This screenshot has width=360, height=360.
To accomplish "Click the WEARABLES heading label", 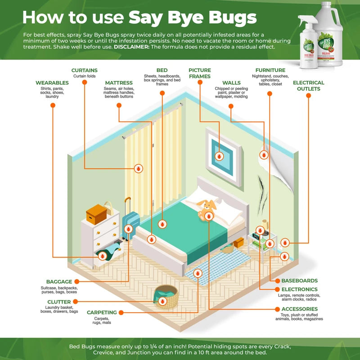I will point(52,83).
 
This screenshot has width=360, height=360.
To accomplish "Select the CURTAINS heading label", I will point(85,71).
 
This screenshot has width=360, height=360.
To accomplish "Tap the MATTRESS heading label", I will point(119,83).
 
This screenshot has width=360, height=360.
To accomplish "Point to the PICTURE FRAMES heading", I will point(200,73).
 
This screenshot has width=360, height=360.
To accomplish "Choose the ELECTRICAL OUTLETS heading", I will point(308,85).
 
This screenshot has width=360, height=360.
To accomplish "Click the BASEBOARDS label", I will point(299,281).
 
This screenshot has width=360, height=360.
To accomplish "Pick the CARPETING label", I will point(102,312).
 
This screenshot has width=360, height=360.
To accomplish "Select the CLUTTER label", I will point(59,302).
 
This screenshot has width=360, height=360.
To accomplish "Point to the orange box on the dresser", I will point(96,214).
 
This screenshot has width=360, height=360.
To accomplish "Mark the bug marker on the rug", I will point(198,273).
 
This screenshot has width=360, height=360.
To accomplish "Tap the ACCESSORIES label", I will point(299,309).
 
